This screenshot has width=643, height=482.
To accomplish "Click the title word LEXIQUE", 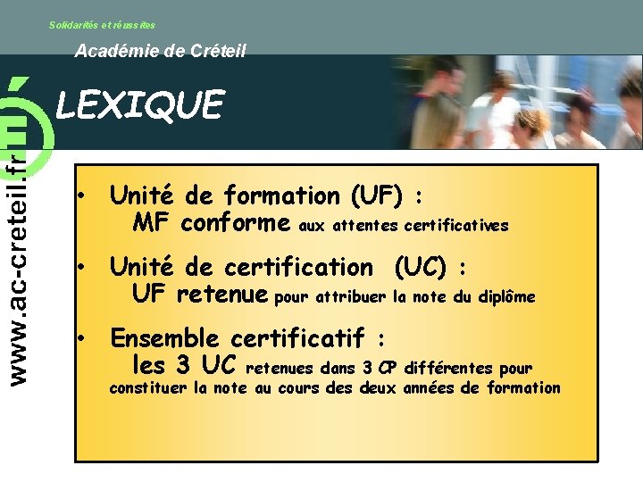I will [139, 105].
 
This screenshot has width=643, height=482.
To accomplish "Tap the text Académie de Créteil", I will [160, 52].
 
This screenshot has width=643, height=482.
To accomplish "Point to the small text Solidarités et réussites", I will [102, 25].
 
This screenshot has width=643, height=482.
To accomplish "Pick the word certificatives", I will [455, 227].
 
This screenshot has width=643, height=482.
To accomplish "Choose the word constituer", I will [148, 388].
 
